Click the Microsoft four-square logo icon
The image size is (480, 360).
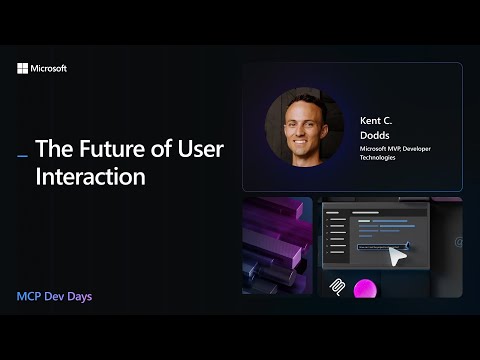(x=23, y=69)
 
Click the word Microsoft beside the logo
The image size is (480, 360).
(x=49, y=69)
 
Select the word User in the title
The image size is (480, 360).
(x=200, y=150)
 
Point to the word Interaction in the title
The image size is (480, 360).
(x=91, y=177)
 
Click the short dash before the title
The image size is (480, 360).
(x=23, y=155)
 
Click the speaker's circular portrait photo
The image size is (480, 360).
(x=304, y=127)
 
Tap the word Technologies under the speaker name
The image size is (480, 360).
(x=378, y=157)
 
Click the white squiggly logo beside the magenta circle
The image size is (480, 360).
(x=338, y=287)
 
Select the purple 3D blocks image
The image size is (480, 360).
(x=277, y=245)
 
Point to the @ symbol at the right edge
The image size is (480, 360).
(x=457, y=242)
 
